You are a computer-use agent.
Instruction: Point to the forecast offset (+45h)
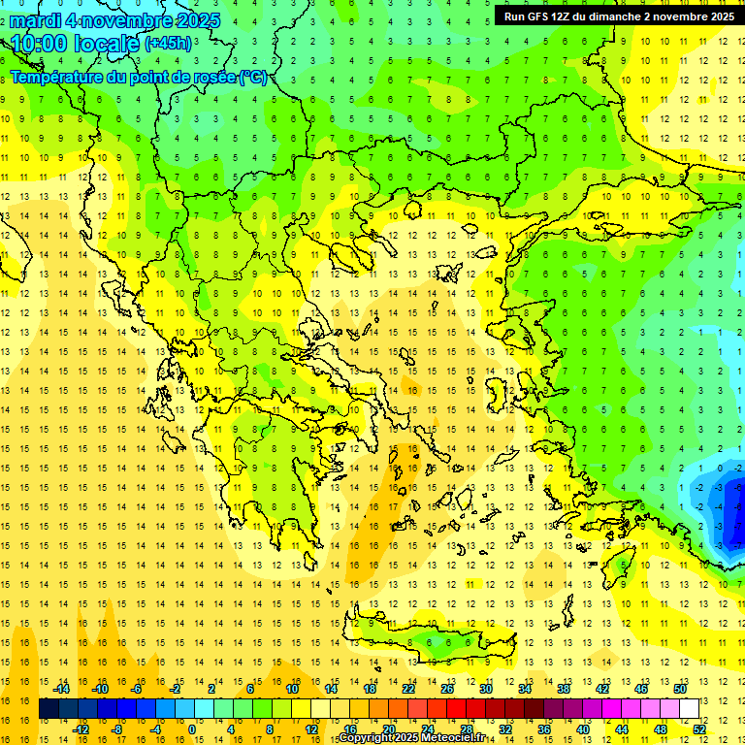(x=168, y=44)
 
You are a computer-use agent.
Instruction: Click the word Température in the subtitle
(x=58, y=77)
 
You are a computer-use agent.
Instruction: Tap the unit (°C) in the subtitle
(x=253, y=77)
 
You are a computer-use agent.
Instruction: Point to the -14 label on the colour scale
(x=62, y=689)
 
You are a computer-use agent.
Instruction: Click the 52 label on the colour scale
(x=699, y=729)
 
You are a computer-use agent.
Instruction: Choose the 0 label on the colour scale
(x=192, y=729)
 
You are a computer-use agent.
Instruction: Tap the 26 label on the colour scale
(x=447, y=689)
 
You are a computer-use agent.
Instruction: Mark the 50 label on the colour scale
(x=680, y=689)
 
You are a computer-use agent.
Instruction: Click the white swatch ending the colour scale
(x=690, y=709)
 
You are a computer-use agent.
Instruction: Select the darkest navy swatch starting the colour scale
(x=49, y=709)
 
